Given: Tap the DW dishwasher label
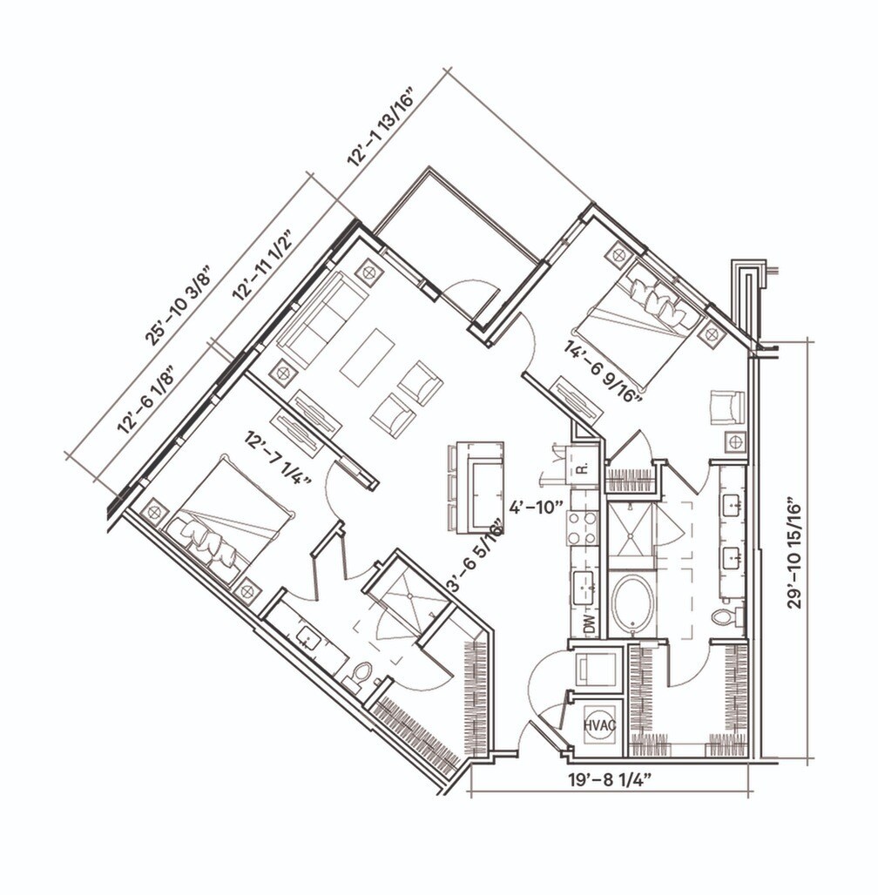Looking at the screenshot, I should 588,622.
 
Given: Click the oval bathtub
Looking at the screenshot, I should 631,604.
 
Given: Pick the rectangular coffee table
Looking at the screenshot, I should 367,356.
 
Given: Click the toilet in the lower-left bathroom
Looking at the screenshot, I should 361,672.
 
